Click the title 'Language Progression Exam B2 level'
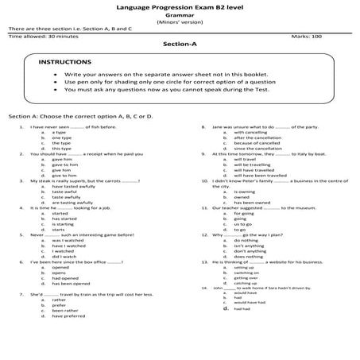[x=179, y=6]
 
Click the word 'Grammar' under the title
[x=179, y=14]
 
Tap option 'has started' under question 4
[x=64, y=219]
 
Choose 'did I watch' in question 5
[x=64, y=257]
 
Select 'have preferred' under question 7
[x=68, y=316]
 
